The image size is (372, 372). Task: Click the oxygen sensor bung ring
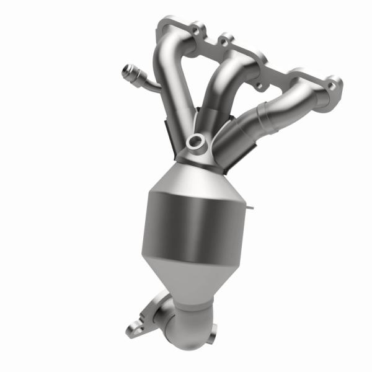[195, 141]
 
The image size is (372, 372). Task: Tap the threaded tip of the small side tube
[128, 69]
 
